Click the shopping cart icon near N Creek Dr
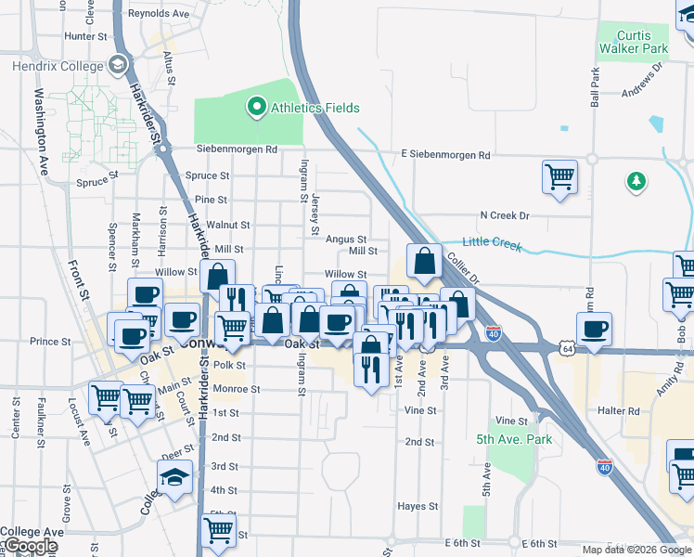[559, 176]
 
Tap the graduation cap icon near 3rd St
[174, 477]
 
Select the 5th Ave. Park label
[515, 439]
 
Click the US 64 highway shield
[566, 347]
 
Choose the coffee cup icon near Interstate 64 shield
[594, 328]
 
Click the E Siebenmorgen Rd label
[445, 155]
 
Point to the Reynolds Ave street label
[158, 14]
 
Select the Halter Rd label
[621, 411]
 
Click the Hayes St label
[418, 506]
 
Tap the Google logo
[31, 547]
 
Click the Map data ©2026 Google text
[636, 550]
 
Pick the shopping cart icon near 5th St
[219, 530]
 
